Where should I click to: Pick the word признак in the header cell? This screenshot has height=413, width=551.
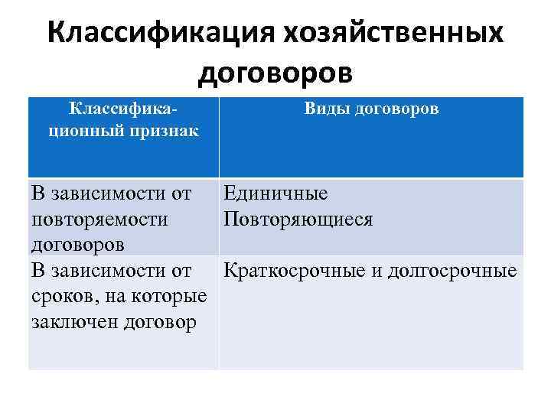[x=164, y=131]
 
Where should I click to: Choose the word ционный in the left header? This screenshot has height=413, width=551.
[x=86, y=131]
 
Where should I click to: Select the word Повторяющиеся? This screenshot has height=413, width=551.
[x=298, y=220]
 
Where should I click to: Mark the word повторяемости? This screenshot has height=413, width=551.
[x=100, y=220]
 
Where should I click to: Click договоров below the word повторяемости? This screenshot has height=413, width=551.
[x=79, y=245]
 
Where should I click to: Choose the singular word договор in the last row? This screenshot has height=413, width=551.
[x=162, y=322]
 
